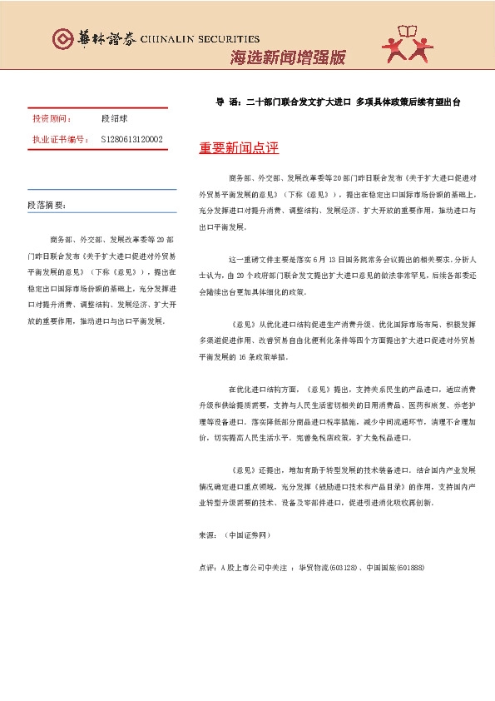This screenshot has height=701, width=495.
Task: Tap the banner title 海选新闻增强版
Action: pyautogui.click(x=287, y=57)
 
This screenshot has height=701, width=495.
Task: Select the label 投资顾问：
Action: pyautogui.click(x=52, y=120)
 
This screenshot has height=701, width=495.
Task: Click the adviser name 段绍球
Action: pyautogui.click(x=113, y=120)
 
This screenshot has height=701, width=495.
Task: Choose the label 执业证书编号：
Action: pyautogui.click(x=60, y=139)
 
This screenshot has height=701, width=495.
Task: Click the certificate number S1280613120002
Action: pyautogui.click(x=131, y=139)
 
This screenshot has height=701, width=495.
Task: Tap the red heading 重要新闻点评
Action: pyautogui.click(x=239, y=148)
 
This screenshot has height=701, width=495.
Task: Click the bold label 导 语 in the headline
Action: pyautogui.click(x=226, y=102)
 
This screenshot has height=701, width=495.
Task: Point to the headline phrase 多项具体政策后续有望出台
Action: pyautogui.click(x=408, y=102)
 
